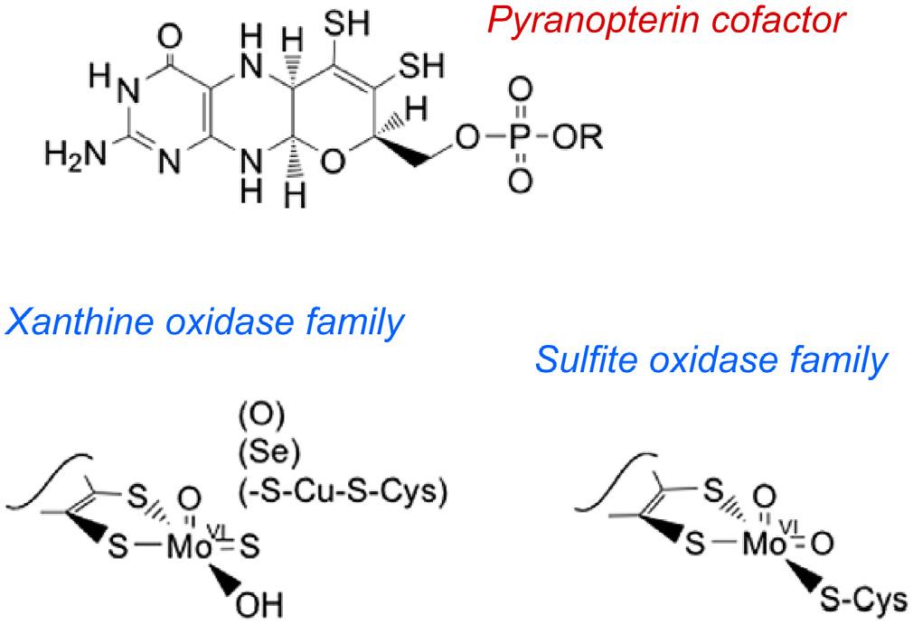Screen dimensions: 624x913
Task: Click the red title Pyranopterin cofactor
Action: pyautogui.click(x=665, y=20)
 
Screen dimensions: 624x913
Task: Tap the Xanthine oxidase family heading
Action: pyautogui.click(x=203, y=321)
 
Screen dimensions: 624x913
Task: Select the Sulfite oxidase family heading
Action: pyautogui.click(x=711, y=360)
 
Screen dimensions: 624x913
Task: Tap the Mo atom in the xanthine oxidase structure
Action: pyautogui.click(x=190, y=547)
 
